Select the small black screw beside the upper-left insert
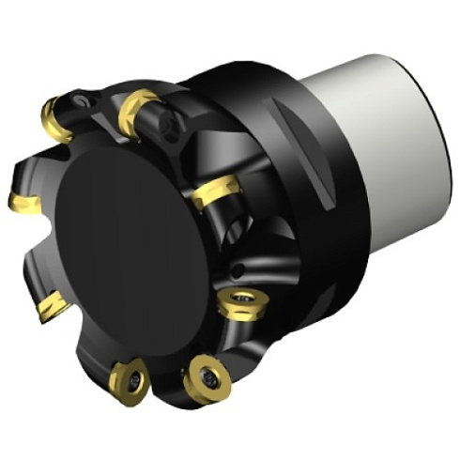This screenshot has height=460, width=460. (x=85, y=98)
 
